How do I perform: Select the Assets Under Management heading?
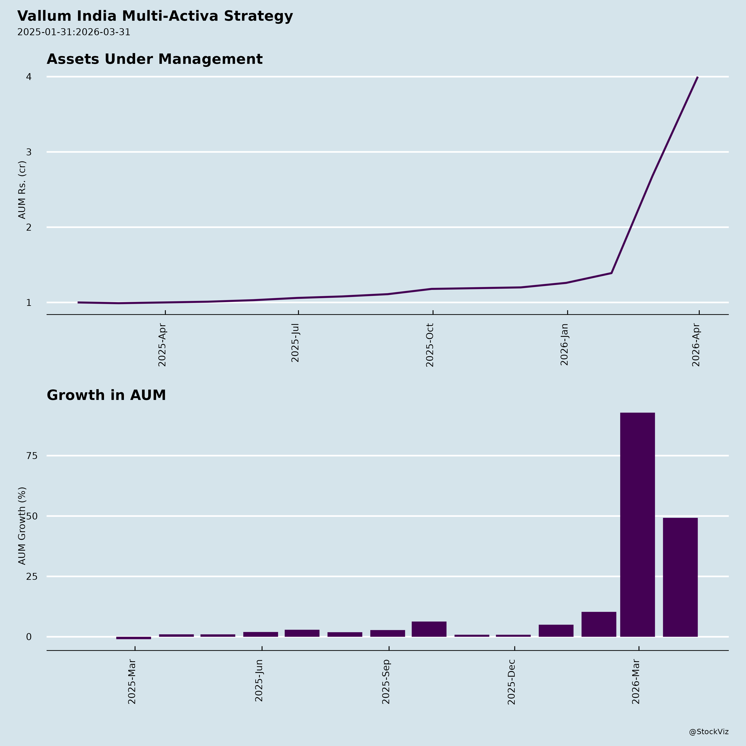coord(154,59)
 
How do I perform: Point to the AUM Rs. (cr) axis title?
coord(22,190)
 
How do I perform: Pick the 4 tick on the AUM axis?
coord(29,77)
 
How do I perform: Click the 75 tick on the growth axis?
coord(32,456)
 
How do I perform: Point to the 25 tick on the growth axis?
coord(32,576)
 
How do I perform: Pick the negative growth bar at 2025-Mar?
coord(134,638)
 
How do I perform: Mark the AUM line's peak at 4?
coord(697,77)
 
